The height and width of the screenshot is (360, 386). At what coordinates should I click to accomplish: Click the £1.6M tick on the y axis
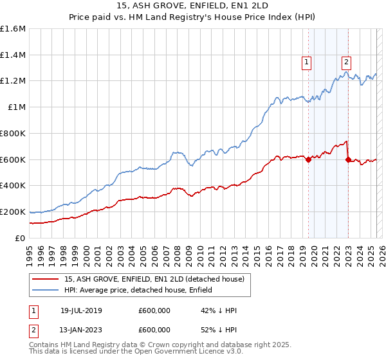14,29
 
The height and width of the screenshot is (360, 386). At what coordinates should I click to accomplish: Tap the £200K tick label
13,212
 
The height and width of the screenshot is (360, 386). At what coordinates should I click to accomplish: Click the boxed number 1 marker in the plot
306,62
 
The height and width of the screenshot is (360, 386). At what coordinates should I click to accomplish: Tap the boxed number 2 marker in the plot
346,62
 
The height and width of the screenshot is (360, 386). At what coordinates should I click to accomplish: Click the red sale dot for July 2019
308,159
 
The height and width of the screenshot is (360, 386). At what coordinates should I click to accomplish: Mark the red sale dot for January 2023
348,159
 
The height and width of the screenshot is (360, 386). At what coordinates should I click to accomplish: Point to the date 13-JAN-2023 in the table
78,329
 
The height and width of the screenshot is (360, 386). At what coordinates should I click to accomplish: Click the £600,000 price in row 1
154,310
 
